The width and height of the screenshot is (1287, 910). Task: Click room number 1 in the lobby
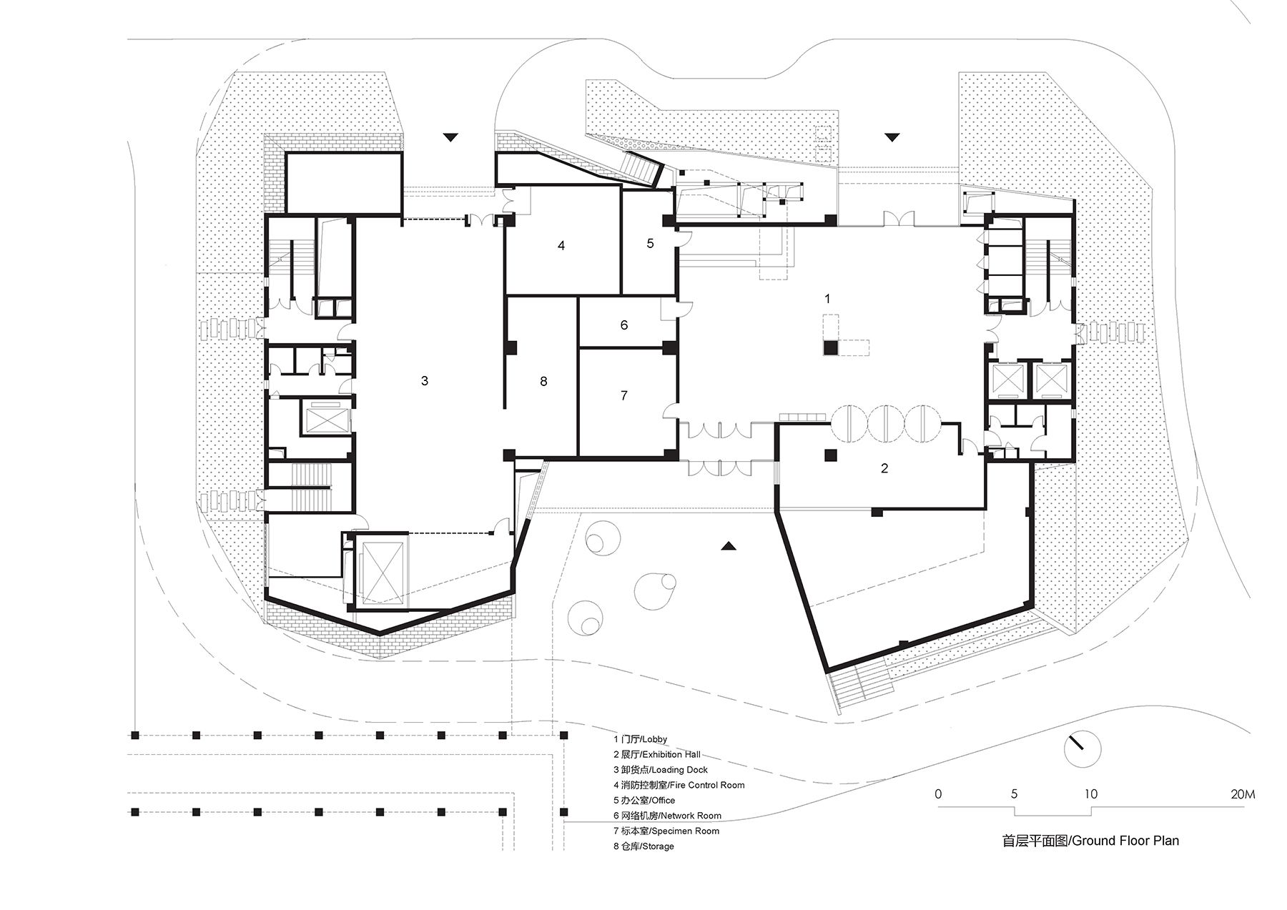pos(828,299)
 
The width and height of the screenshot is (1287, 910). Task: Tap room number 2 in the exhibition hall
pos(884,469)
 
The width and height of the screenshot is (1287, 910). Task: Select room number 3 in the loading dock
pos(425,381)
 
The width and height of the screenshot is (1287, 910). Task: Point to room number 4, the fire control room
pos(561,246)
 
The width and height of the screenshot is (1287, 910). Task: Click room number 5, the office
pos(650,244)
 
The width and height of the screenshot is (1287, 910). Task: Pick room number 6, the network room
pos(624,325)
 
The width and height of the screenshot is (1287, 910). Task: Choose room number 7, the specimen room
pos(624,395)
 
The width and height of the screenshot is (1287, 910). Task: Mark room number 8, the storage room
pos(543,382)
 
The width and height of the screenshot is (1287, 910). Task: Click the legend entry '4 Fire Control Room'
pos(679,785)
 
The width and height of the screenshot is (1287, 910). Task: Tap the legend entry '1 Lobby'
pos(640,739)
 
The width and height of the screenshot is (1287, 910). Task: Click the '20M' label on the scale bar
pos(1242,794)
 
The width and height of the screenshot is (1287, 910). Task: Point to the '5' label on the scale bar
pos(1014,794)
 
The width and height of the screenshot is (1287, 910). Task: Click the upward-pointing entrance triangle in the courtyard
pos(729,546)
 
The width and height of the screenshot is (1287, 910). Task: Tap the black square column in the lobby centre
pos(829,348)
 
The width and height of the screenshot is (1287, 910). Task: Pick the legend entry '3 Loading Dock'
pos(660,770)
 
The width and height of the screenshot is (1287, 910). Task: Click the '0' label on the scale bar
pos(938,794)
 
